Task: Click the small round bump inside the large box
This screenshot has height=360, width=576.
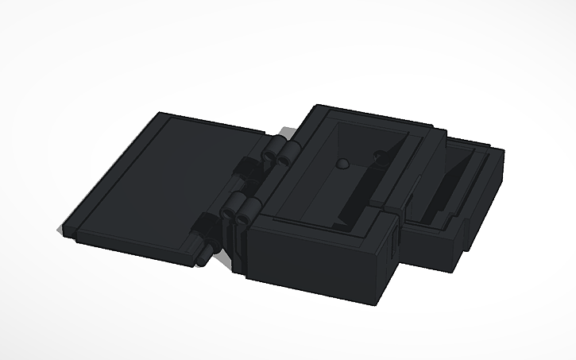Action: tap(342, 165)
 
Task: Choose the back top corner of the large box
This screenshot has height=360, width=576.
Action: tap(319, 107)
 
